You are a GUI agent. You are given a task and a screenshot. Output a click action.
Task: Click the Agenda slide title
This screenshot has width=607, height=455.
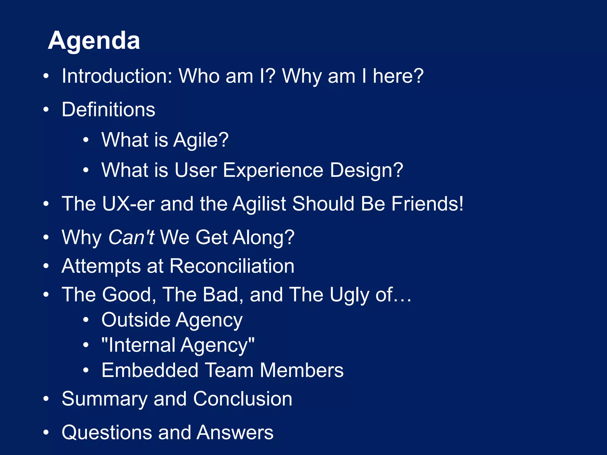(x=94, y=41)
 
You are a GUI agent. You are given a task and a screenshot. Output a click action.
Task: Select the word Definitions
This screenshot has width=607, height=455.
(x=108, y=110)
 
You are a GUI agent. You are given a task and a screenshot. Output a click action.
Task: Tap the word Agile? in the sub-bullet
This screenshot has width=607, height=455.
(x=201, y=140)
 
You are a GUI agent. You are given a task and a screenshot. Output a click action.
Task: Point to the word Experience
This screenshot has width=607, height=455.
(x=273, y=170)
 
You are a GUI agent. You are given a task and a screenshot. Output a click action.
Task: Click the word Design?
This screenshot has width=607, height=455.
(x=366, y=170)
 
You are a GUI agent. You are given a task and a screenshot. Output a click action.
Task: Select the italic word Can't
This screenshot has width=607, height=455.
(x=131, y=237)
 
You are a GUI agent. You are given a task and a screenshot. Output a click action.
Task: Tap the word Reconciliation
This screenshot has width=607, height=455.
(x=232, y=266)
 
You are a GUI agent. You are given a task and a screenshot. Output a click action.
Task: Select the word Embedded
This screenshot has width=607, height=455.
(x=150, y=370)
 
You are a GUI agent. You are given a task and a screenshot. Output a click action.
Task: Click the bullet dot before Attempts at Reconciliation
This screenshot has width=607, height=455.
(x=46, y=266)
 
